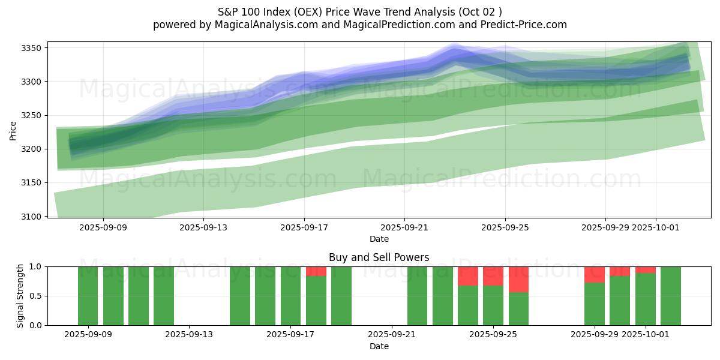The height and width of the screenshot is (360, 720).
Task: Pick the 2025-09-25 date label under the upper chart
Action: coord(505,227)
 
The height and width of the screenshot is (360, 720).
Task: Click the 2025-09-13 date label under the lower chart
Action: coord(190,335)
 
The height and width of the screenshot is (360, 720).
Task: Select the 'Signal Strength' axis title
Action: coord(20,296)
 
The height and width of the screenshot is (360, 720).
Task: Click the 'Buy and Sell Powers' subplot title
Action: coord(379,257)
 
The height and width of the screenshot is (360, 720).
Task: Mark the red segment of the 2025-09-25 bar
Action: coord(493,276)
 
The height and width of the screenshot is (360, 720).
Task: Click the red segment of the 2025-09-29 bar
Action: coord(595,274)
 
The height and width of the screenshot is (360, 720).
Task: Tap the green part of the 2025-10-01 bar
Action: coord(646,299)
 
